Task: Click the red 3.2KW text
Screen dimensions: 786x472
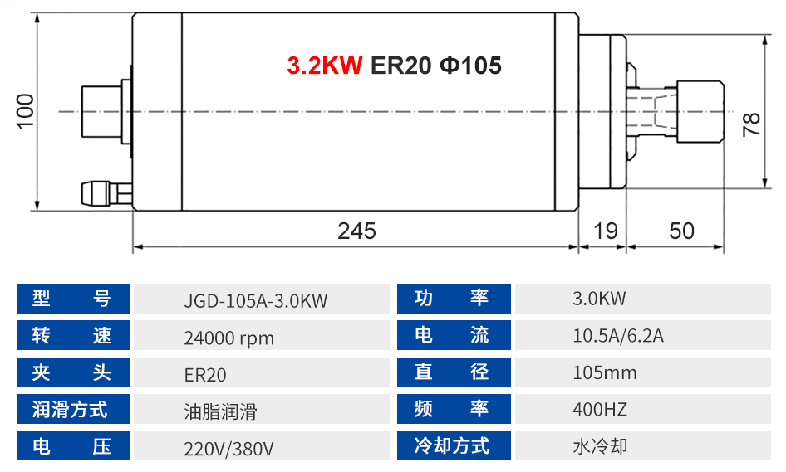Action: click(x=324, y=66)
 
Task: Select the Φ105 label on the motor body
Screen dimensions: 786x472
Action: click(x=470, y=66)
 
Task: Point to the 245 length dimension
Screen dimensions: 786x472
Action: click(x=356, y=231)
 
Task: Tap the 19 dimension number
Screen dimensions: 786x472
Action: click(x=605, y=231)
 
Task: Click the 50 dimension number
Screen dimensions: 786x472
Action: click(x=681, y=231)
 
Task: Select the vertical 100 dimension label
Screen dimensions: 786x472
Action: click(x=25, y=111)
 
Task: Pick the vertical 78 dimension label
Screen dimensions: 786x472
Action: click(x=751, y=124)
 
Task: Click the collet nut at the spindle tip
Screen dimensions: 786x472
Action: click(x=700, y=111)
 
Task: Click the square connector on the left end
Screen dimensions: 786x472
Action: click(x=101, y=111)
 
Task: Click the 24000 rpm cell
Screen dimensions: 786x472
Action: click(x=229, y=338)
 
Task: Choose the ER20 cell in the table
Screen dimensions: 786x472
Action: click(x=205, y=375)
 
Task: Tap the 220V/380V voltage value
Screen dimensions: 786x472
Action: click(x=228, y=449)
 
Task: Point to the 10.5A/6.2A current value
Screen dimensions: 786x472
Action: click(x=618, y=335)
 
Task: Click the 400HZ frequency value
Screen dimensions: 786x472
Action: click(x=600, y=410)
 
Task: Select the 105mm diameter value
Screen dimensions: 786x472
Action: click(x=605, y=372)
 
